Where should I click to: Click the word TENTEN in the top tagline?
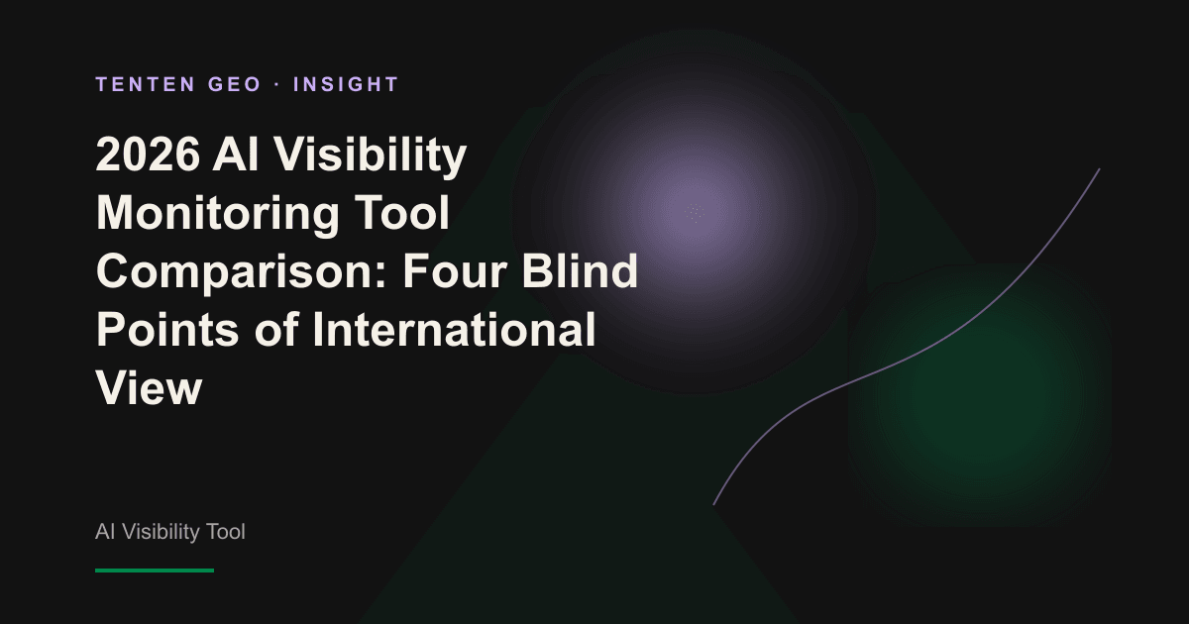pos(146,84)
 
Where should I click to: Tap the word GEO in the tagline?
pos(235,84)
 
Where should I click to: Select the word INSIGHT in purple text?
pos(346,84)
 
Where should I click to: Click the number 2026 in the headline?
pos(148,155)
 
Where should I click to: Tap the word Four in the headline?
pos(455,271)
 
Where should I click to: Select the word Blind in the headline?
pos(580,270)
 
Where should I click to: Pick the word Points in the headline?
pos(167,330)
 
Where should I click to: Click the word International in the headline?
pos(455,329)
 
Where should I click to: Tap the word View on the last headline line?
pos(150,388)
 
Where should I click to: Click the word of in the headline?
pos(275,329)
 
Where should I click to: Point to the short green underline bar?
pos(155,571)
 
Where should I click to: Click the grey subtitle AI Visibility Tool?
pos(169,532)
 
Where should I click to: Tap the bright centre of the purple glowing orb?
pos(695,212)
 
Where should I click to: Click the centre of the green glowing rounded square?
pos(980,395)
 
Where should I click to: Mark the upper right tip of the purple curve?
pos(1099,169)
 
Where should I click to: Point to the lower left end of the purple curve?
pos(714,504)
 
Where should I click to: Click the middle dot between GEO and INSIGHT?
pos(277,84)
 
